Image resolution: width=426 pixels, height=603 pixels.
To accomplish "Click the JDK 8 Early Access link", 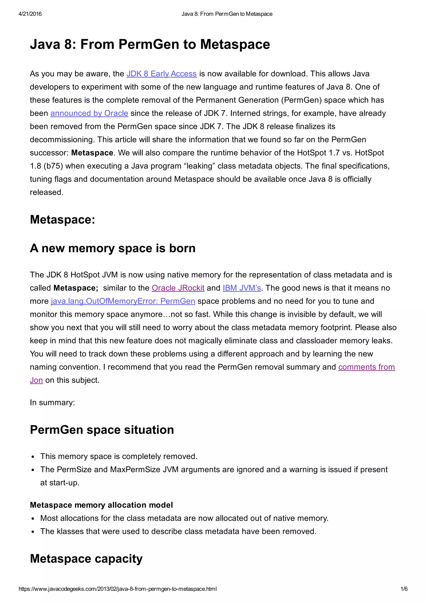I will [161, 74].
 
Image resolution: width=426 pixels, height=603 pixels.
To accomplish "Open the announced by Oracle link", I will [89, 113].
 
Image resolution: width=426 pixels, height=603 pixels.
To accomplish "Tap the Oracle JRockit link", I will [178, 288].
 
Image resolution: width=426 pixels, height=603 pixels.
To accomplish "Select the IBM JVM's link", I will [242, 288].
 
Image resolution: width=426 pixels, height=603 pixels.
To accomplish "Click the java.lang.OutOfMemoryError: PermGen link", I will [123, 301].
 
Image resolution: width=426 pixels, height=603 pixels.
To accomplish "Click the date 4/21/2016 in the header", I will [30, 14].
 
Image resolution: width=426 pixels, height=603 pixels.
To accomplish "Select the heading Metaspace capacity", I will [86, 559].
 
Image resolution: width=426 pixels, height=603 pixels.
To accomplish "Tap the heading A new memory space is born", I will [113, 248].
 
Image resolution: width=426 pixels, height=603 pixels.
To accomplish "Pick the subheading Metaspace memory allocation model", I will [101, 505].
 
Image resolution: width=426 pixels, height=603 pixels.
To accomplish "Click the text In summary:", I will [52, 402].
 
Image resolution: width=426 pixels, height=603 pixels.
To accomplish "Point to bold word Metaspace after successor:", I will [92, 153].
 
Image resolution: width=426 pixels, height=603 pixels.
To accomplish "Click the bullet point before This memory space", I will [33, 457].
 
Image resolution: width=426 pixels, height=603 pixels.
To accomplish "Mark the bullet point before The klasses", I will [33, 532].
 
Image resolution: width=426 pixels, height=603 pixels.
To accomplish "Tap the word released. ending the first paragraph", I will [46, 192].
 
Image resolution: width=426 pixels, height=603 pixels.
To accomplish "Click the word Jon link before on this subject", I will [36, 380].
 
